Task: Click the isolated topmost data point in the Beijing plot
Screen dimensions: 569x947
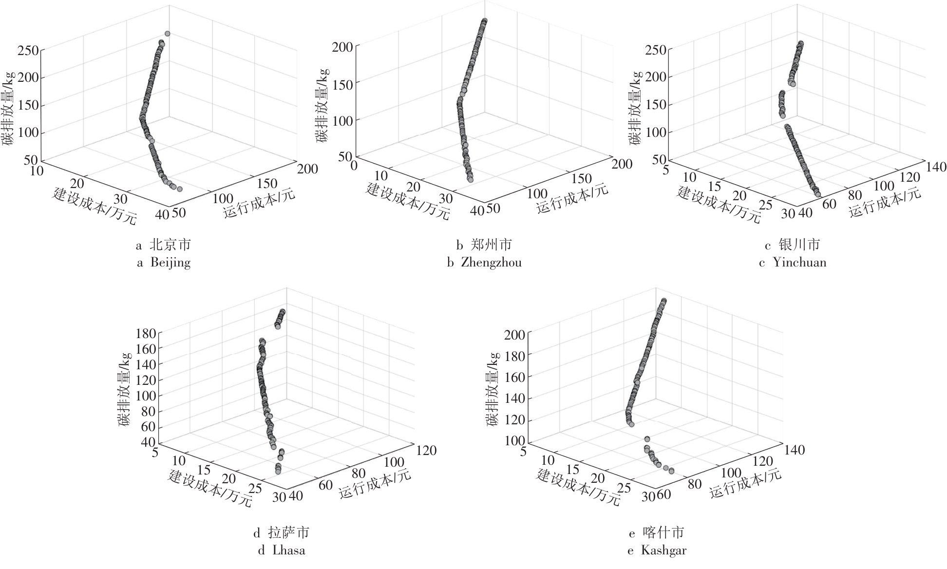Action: [167, 34]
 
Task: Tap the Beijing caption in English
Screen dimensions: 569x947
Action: [163, 263]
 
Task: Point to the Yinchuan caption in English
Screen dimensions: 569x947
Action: [793, 263]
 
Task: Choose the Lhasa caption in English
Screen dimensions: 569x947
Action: [282, 550]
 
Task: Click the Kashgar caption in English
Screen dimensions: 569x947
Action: [657, 550]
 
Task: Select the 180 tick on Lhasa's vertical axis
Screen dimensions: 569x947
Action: [146, 334]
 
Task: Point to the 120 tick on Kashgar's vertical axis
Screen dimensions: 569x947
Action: [516, 419]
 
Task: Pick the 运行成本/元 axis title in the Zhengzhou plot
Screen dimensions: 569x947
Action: [572, 199]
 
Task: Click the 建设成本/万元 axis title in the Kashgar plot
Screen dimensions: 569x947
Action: [578, 487]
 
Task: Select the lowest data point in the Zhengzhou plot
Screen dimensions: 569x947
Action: [470, 180]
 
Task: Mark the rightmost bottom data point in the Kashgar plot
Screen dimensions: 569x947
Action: [671, 471]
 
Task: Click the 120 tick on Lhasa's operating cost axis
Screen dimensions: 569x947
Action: [426, 451]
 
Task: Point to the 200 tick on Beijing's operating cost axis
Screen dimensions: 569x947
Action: [307, 169]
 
